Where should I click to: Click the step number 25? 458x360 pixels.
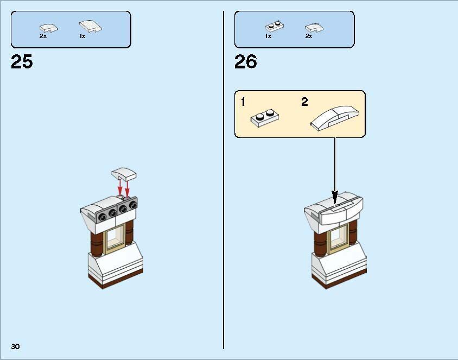coord(22,62)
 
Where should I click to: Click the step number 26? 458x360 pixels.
coord(245,62)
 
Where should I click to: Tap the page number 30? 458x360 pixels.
coord(15,346)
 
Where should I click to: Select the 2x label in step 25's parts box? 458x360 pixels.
coord(43,36)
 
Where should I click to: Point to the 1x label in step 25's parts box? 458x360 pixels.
coord(82,36)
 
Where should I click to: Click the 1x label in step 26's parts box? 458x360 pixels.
coord(268,36)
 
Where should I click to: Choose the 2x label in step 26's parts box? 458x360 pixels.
coord(308,36)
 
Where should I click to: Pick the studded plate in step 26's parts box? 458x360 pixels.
coord(273,26)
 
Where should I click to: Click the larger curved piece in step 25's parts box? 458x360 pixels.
coord(90,26)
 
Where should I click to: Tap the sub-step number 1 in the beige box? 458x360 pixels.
coord(244,102)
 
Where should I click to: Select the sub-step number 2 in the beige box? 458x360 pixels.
coord(304,102)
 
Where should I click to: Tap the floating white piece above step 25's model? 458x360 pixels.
coord(124,174)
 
